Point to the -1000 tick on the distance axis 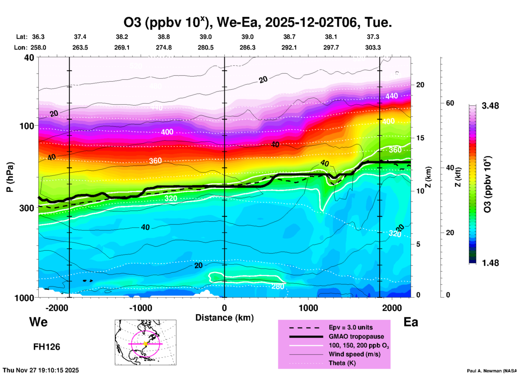point(141,308)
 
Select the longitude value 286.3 point(247,47)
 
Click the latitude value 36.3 point(38,37)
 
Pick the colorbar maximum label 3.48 point(490,106)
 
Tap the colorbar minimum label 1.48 point(490,263)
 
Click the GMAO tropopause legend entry point(356,336)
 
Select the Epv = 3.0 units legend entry point(351,327)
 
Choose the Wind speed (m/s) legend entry point(354,354)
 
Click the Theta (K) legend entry point(342,363)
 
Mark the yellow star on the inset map point(145,344)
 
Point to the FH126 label point(46,347)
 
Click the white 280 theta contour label point(278,287)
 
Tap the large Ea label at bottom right point(410,322)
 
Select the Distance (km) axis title point(224,318)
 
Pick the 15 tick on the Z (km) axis point(420,138)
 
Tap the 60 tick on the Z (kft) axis point(450,103)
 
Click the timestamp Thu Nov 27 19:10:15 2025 point(41,370)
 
